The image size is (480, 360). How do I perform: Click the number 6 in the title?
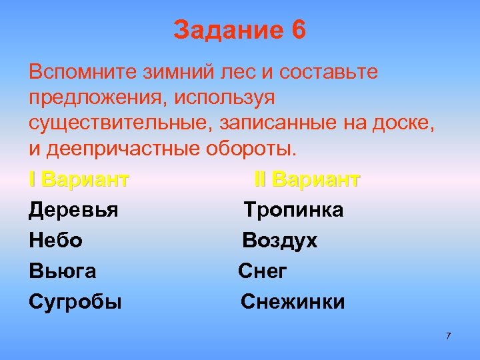coord(297,31)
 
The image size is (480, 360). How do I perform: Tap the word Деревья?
coord(73,211)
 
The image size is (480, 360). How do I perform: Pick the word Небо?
coord(55,241)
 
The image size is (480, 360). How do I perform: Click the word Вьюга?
coord(62,271)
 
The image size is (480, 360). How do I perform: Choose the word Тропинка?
coord(293,211)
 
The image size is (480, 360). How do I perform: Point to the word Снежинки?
coord(293,302)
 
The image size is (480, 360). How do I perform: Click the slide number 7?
coord(448,335)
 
